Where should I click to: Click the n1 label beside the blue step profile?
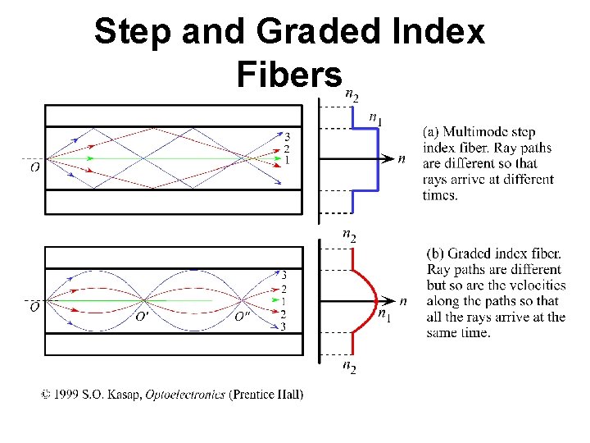point(374,119)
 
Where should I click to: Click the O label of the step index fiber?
point(34,168)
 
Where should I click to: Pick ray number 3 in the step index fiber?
point(286,136)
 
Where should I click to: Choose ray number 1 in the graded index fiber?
point(284,301)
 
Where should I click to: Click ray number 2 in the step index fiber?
point(286,148)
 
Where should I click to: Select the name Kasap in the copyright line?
point(125,395)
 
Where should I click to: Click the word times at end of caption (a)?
point(441,195)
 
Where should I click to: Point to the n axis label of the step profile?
point(401,159)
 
